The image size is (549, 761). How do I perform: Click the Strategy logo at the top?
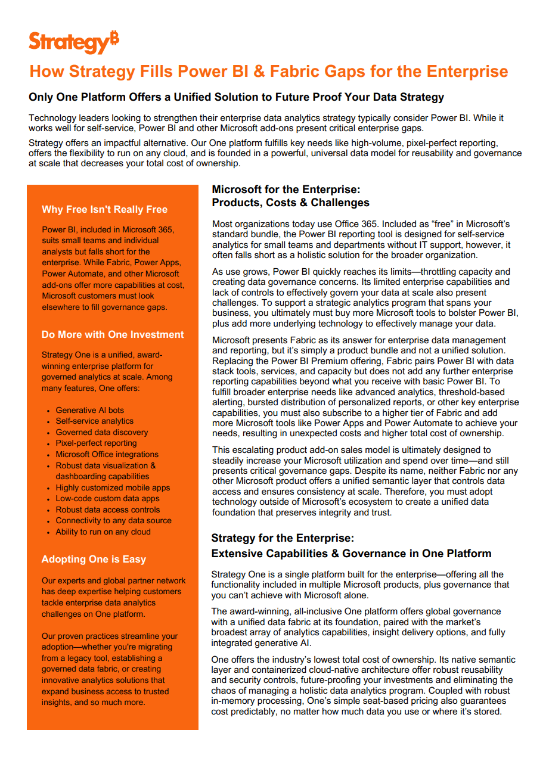coord(73,42)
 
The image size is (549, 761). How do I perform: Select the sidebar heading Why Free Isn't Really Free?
coord(104,209)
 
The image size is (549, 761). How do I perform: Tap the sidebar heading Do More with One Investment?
coord(113,334)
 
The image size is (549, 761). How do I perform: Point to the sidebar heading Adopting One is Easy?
coord(94,559)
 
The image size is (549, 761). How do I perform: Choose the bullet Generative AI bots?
coord(90,410)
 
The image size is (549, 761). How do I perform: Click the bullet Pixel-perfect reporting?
coord(96,443)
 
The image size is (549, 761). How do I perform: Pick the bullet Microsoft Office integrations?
coord(107,454)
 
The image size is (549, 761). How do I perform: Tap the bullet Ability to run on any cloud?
coord(103,532)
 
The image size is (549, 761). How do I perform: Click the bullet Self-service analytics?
coord(95,421)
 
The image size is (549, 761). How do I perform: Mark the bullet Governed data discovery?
coord(102,432)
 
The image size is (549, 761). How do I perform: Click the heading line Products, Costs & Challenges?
coord(291,203)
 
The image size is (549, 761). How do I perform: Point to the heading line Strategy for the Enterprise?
coord(283,538)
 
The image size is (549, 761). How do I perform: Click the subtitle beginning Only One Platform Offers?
coord(236,97)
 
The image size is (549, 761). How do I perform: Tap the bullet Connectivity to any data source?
coord(113,520)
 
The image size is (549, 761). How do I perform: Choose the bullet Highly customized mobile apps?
coord(113,487)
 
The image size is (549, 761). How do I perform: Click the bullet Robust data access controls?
coord(108,510)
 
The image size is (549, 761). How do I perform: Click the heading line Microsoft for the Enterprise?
coord(286,190)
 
